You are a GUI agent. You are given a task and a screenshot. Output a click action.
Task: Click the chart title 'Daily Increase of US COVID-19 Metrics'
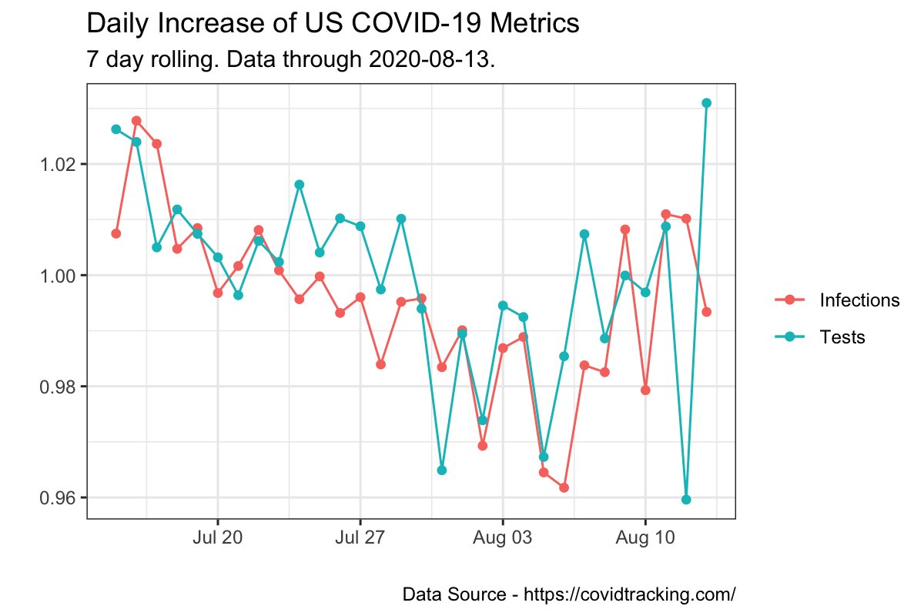click(333, 25)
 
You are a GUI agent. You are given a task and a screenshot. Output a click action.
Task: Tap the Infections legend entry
click(859, 300)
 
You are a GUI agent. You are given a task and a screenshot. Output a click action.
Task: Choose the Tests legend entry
click(842, 336)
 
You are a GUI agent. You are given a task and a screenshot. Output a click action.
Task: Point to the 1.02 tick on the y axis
click(59, 165)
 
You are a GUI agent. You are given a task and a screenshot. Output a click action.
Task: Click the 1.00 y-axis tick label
click(59, 276)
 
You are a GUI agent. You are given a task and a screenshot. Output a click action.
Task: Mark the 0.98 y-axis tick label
click(59, 387)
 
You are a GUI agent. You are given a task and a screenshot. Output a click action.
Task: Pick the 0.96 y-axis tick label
click(59, 497)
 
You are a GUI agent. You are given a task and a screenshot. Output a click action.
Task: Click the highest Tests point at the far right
click(706, 102)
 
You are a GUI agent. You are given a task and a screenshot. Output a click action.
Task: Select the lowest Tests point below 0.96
click(686, 500)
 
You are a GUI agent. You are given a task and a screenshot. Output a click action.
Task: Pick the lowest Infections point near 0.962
click(564, 487)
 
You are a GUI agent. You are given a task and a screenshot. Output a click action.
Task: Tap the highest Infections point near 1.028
click(136, 121)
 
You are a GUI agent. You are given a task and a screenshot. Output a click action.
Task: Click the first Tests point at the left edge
click(116, 129)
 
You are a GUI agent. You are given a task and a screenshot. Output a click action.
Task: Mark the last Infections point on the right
click(706, 312)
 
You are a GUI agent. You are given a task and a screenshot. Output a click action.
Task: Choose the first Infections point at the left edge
click(116, 233)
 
